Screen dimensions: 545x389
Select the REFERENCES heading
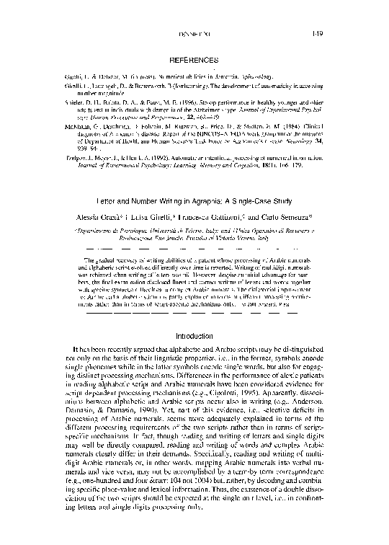[x=194, y=58]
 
